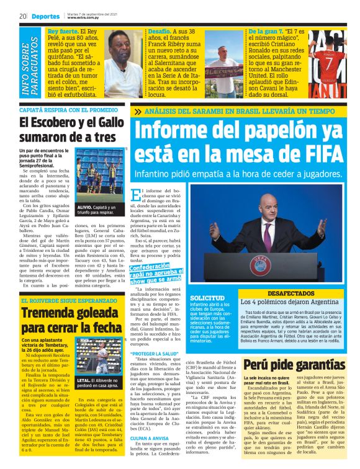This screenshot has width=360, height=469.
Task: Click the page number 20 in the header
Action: (x=22, y=15)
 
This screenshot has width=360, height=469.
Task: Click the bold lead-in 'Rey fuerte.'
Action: (x=63, y=30)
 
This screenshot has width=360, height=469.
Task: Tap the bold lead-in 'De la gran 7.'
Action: (x=262, y=30)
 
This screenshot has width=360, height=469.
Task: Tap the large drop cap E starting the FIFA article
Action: (x=137, y=199)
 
